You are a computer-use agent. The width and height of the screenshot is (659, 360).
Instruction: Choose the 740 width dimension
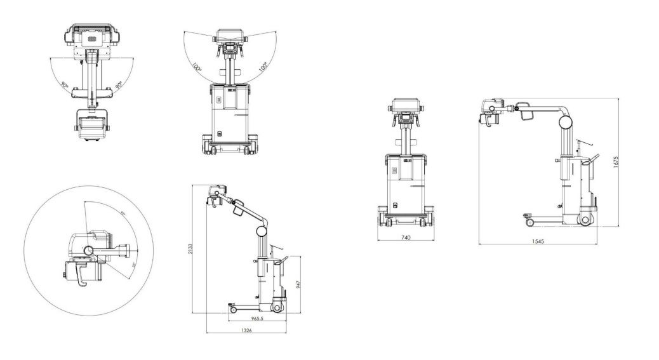click(x=406, y=237)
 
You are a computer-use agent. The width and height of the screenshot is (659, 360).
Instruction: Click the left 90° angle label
click(x=65, y=83)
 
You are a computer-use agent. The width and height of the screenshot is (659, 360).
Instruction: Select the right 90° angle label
click(x=119, y=84)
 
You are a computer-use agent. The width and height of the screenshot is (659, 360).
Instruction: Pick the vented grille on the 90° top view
click(x=93, y=39)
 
